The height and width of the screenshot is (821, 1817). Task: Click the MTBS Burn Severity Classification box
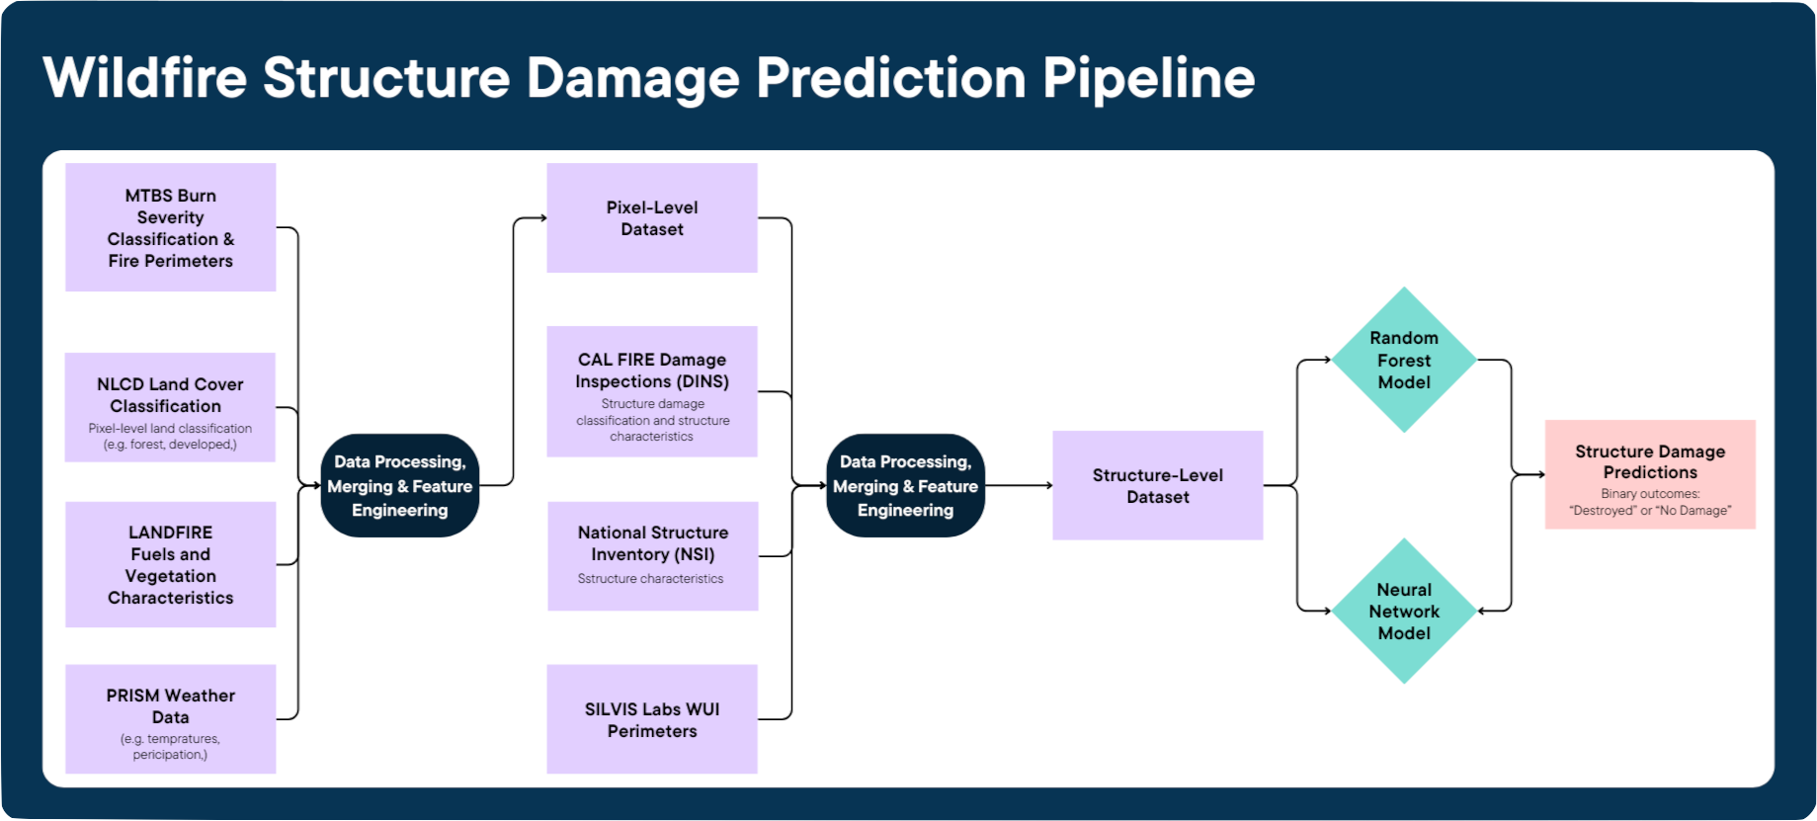(x=170, y=227)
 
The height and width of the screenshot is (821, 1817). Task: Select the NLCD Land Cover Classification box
(x=170, y=406)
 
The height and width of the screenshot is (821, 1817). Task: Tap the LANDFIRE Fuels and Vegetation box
(x=170, y=564)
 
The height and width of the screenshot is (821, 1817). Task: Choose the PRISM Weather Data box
(x=170, y=718)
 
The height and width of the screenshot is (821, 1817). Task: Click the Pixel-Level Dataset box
(x=652, y=218)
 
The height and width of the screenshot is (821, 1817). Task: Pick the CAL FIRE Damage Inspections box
(x=652, y=391)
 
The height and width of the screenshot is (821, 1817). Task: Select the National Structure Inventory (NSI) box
(x=652, y=555)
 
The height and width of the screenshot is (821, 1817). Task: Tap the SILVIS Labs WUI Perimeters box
(x=652, y=719)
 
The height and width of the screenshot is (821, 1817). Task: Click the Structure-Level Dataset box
(x=1157, y=485)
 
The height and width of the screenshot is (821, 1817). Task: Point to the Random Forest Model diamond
(x=1404, y=360)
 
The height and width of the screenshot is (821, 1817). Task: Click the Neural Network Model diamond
(x=1404, y=611)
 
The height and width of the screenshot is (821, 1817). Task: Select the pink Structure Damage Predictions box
(x=1650, y=474)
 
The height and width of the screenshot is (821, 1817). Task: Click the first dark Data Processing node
(x=400, y=485)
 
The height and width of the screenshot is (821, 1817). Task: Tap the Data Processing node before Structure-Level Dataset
(x=905, y=485)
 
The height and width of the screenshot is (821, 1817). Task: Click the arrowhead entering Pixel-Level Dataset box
(x=542, y=218)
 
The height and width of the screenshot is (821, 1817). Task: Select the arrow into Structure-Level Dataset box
(x=1047, y=485)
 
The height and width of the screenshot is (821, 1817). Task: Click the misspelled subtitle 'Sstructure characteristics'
(x=650, y=579)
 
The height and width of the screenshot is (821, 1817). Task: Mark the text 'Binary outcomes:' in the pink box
(x=1650, y=494)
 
